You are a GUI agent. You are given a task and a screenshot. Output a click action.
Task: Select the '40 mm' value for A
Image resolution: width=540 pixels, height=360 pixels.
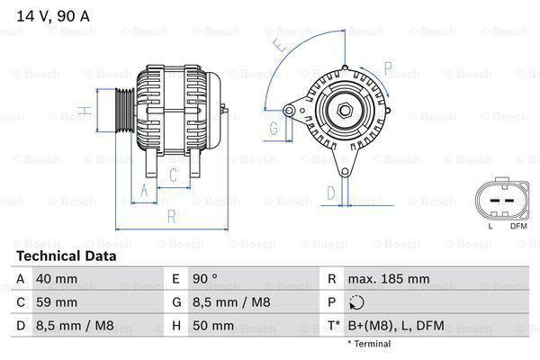coord(56,279)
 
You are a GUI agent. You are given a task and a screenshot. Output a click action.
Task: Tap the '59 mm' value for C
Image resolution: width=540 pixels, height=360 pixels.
coord(56,302)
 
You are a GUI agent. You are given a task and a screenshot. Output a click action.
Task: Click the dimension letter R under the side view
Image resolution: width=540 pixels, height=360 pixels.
coord(171,216)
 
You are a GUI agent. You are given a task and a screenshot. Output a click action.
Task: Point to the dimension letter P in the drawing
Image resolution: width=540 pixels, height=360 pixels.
coord(388,67)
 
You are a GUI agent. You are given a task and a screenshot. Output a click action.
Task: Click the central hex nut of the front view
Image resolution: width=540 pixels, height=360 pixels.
coord(345,111)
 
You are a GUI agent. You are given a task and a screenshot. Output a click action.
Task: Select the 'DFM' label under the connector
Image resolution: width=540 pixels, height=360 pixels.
coord(517,225)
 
